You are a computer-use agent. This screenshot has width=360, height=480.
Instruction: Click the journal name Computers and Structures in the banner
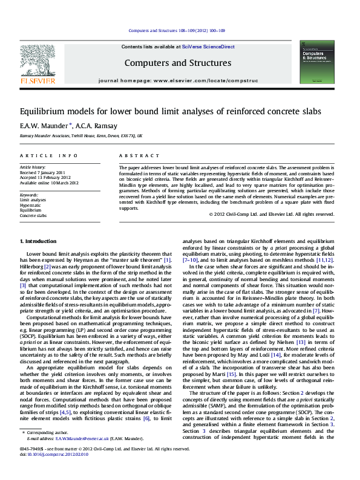[177, 63]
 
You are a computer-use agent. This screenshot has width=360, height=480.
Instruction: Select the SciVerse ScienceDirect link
[213, 47]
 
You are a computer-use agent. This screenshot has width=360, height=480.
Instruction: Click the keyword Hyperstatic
[30, 206]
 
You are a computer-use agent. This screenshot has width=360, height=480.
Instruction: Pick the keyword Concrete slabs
[33, 215]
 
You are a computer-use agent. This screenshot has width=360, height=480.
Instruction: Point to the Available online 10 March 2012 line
[50, 182]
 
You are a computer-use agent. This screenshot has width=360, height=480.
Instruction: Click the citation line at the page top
[177, 31]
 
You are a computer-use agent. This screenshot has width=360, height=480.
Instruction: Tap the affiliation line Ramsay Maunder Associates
[82, 137]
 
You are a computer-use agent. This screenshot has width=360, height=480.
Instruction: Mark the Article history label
[33, 167]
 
